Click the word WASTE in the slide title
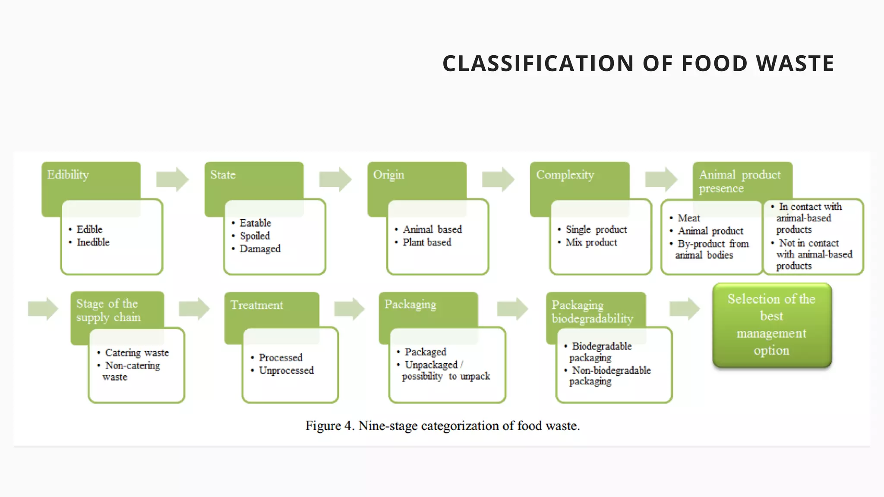pyautogui.click(x=795, y=63)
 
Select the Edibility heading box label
pyautogui.click(x=68, y=175)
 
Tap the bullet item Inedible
pyautogui.click(x=93, y=242)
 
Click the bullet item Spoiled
pyautogui.click(x=255, y=236)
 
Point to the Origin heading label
pyautogui.click(x=388, y=175)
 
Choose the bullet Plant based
pyautogui.click(x=426, y=242)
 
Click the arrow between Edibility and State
pyautogui.click(x=172, y=179)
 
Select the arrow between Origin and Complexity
pyautogui.click(x=498, y=179)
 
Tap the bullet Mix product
pyautogui.click(x=591, y=242)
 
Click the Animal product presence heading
pyautogui.click(x=739, y=181)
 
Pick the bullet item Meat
pyautogui.click(x=688, y=218)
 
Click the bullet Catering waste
pyautogui.click(x=137, y=353)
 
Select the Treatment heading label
pyautogui.click(x=256, y=305)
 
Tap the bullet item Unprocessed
pyautogui.click(x=286, y=371)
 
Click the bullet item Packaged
pyautogui.click(x=425, y=352)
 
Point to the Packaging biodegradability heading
pyautogui.click(x=592, y=311)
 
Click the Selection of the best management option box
pyautogui.click(x=771, y=325)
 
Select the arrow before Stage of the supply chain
pyautogui.click(x=43, y=308)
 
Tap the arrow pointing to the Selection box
pyautogui.click(x=684, y=308)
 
